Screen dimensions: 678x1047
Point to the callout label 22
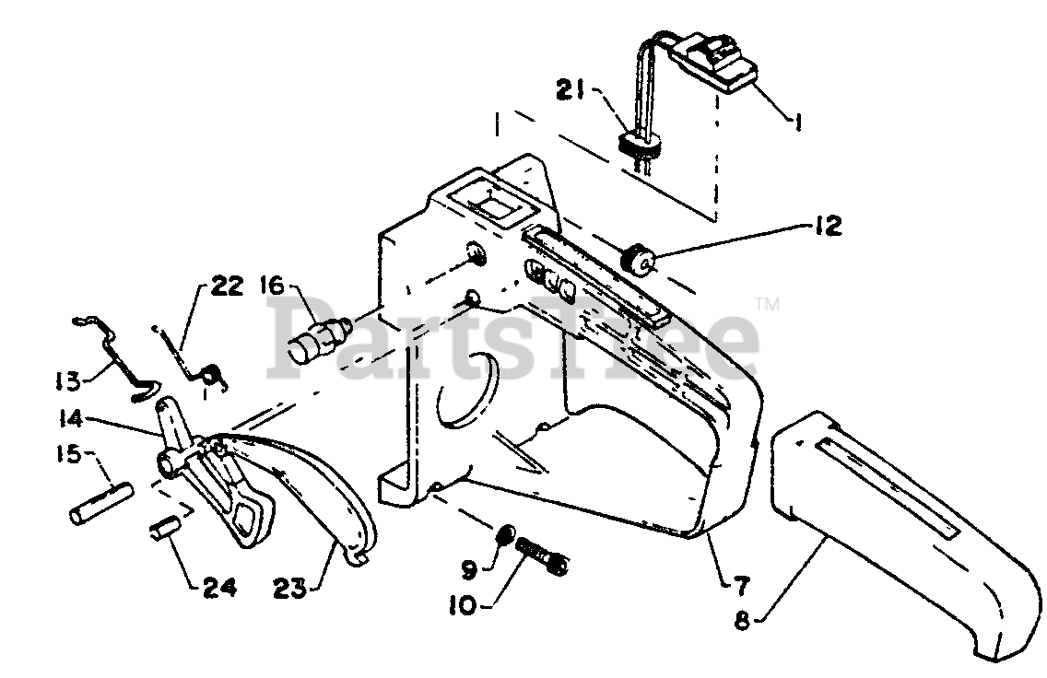(226, 286)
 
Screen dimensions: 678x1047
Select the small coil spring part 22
(212, 374)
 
